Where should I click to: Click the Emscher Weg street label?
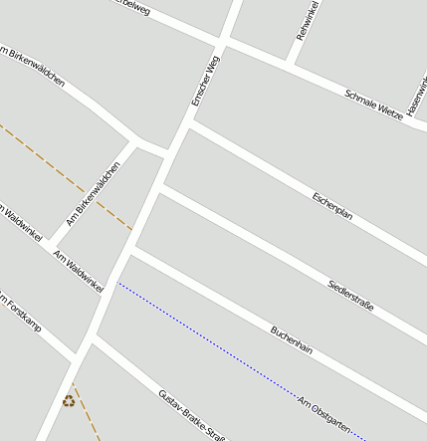point(206,82)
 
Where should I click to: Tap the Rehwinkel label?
point(307,21)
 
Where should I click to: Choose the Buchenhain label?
point(292,340)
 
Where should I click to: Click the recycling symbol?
point(69,401)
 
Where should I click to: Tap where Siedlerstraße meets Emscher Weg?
point(161,186)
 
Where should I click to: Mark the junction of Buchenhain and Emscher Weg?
point(132,252)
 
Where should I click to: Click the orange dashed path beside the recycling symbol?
point(87,413)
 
